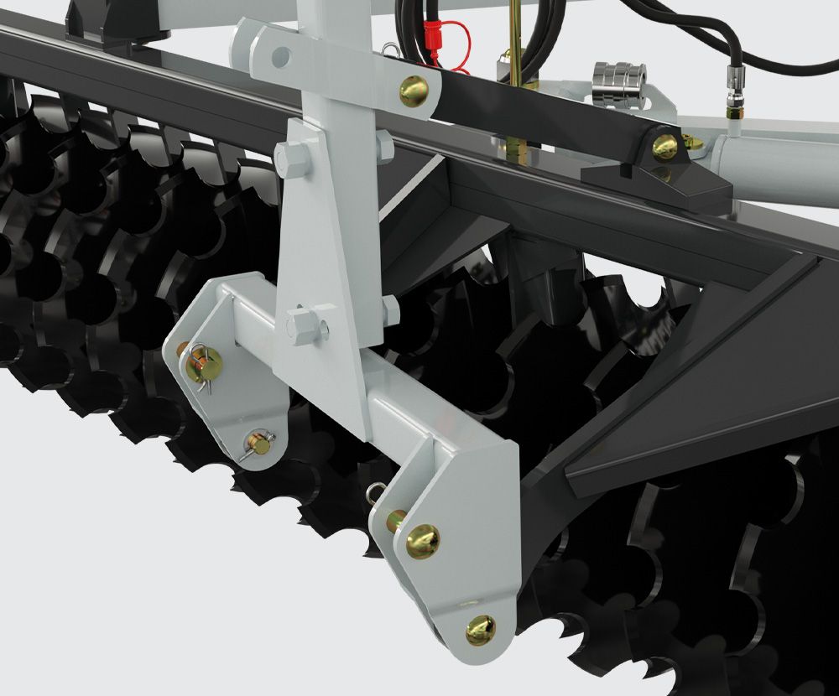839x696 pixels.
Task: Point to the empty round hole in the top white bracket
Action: click(x=282, y=57)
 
